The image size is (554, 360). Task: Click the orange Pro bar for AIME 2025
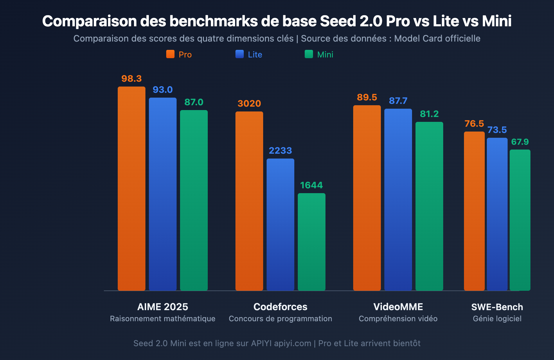click(x=132, y=189)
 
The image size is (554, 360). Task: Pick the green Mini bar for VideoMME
click(x=429, y=206)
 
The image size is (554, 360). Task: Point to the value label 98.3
click(x=132, y=79)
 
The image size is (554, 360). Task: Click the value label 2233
click(x=280, y=151)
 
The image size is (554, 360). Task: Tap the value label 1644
click(x=312, y=185)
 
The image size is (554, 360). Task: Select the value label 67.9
click(x=520, y=142)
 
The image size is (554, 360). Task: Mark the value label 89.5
click(x=367, y=97)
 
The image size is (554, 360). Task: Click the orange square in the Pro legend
click(x=170, y=54)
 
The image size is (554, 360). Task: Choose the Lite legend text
click(x=255, y=55)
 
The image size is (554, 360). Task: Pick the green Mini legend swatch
click(x=309, y=54)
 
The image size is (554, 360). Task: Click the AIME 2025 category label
click(x=163, y=307)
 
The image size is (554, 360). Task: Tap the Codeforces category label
click(x=280, y=307)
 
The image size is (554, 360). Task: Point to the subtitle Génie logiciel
click(x=497, y=318)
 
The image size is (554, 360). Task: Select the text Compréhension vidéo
click(x=398, y=318)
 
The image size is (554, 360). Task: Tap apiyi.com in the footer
click(x=293, y=343)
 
